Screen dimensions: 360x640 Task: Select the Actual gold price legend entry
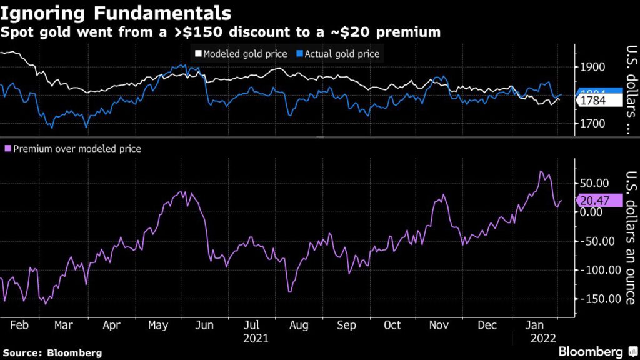[x=342, y=54]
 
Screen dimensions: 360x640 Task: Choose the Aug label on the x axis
[x=299, y=326]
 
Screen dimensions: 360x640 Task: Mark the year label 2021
[x=255, y=339]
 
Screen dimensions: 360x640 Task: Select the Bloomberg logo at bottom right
[x=591, y=351]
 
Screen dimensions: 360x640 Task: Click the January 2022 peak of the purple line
[x=541, y=171]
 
